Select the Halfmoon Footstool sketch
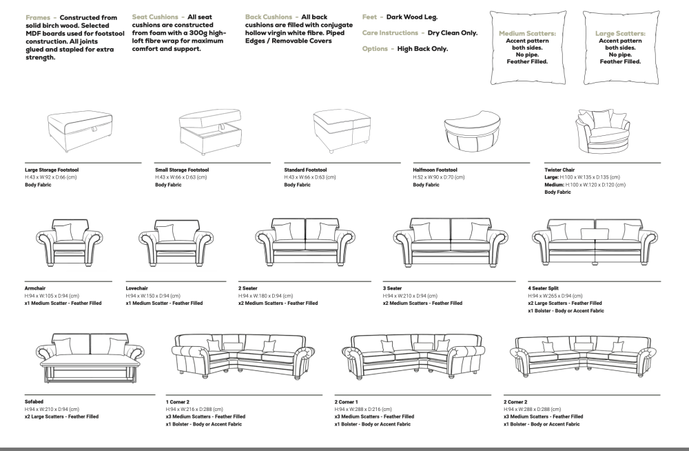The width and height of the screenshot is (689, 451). [475, 131]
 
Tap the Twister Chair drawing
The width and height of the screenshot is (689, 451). [603, 131]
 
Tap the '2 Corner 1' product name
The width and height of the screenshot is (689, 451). [347, 401]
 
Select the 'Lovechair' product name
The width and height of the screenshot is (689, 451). [137, 288]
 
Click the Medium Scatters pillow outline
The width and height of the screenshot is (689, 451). [527, 47]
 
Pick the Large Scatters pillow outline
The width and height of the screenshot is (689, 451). [620, 47]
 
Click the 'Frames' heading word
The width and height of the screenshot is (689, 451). [38, 17]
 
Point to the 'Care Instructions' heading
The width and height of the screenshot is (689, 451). [390, 32]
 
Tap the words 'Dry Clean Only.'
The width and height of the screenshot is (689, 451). [453, 32]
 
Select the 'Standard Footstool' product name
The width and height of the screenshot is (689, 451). [305, 170]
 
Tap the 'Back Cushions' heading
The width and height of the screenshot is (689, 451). [269, 17]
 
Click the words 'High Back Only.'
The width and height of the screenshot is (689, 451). [422, 49]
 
